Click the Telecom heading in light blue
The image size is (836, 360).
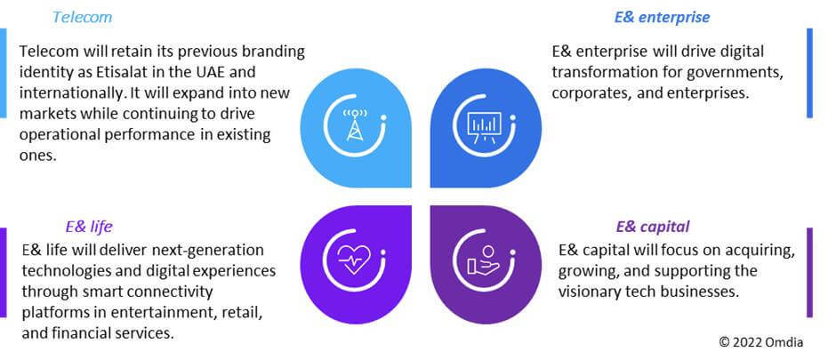pyautogui.click(x=82, y=17)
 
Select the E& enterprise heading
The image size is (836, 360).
pyautogui.click(x=663, y=17)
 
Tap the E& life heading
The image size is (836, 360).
pyautogui.click(x=89, y=227)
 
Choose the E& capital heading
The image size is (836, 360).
pyautogui.click(x=653, y=227)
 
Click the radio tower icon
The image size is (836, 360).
pyautogui.click(x=355, y=125)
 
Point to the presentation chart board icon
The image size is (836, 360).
pyautogui.click(x=484, y=128)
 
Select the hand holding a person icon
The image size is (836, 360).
pyautogui.click(x=484, y=261)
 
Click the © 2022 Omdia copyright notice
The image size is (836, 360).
pyautogui.click(x=760, y=341)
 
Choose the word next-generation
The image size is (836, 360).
pyautogui.click(x=208, y=250)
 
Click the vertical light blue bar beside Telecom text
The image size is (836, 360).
pyautogui.click(x=4, y=73)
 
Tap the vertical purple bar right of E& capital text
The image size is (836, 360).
pyautogui.click(x=809, y=273)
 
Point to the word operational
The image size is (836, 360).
pyautogui.click(x=62, y=135)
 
